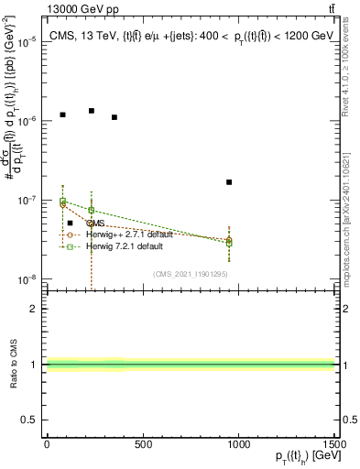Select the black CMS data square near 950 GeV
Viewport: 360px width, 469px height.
click(229, 182)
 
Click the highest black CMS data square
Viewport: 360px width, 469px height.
click(92, 111)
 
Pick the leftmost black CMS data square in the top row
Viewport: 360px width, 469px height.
click(62, 115)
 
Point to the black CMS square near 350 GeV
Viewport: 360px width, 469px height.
click(114, 117)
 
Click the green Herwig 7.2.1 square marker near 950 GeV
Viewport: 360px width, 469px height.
click(229, 243)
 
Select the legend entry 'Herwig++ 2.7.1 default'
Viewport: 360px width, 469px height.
click(128, 234)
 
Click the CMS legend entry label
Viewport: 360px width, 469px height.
click(95, 223)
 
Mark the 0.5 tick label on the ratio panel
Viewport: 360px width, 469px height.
click(30, 420)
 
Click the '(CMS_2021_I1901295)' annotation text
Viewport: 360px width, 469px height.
click(191, 273)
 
